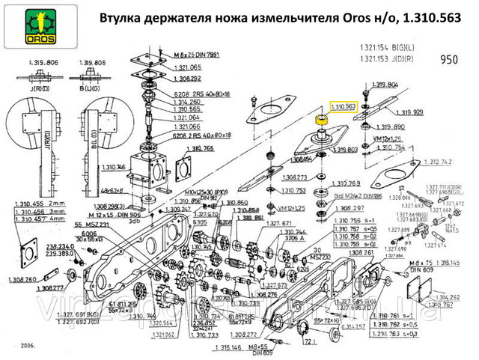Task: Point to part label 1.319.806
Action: (x=41, y=61)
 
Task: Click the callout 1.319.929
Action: (x=406, y=112)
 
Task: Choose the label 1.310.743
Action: (x=439, y=162)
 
